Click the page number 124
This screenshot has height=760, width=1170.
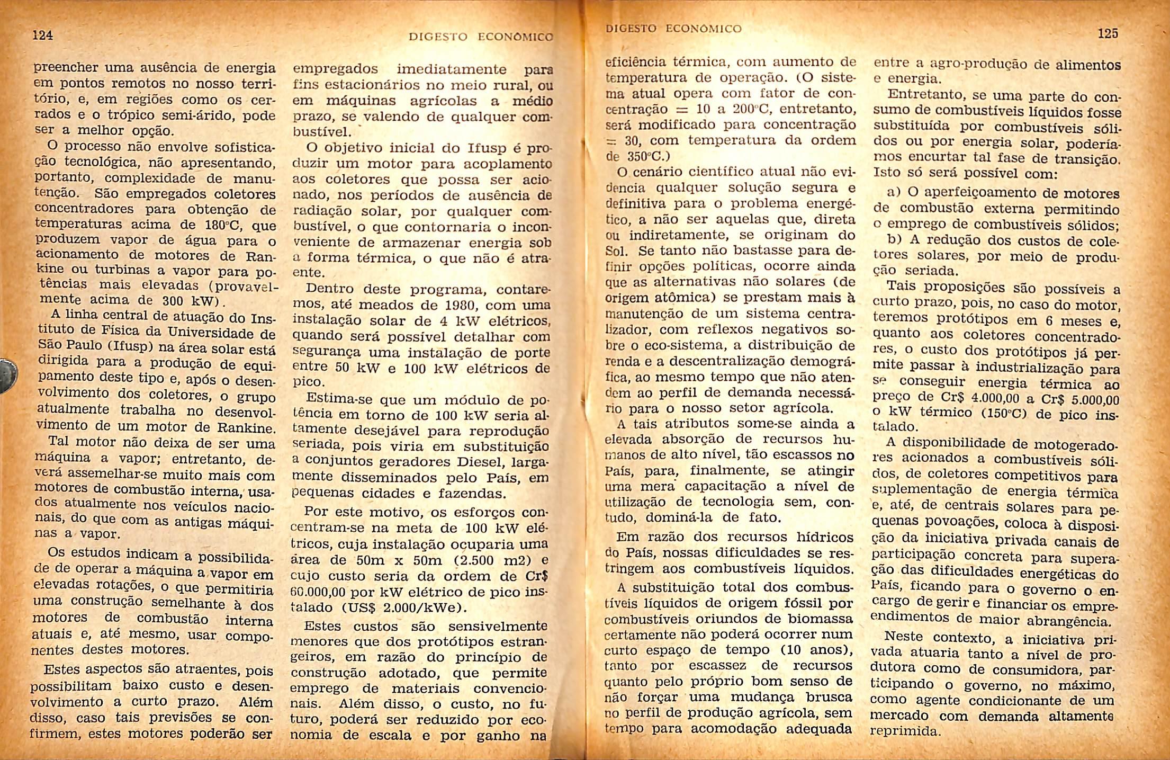tap(43, 35)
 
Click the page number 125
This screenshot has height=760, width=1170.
tap(1108, 34)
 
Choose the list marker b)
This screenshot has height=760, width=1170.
tap(895, 239)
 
